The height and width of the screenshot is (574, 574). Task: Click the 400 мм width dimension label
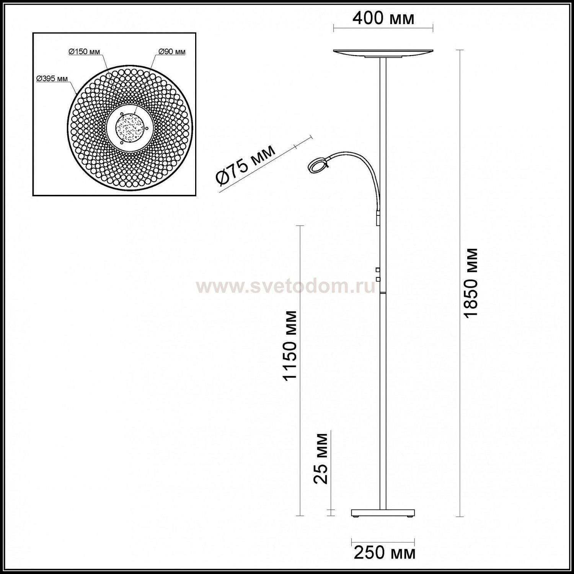pos(383,18)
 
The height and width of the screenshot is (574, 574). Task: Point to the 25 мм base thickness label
pos(321,458)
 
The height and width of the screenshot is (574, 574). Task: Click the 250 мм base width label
pos(384,553)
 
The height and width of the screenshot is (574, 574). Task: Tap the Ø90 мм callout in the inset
pos(171,52)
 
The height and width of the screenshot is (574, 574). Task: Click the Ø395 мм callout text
pos(52,78)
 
